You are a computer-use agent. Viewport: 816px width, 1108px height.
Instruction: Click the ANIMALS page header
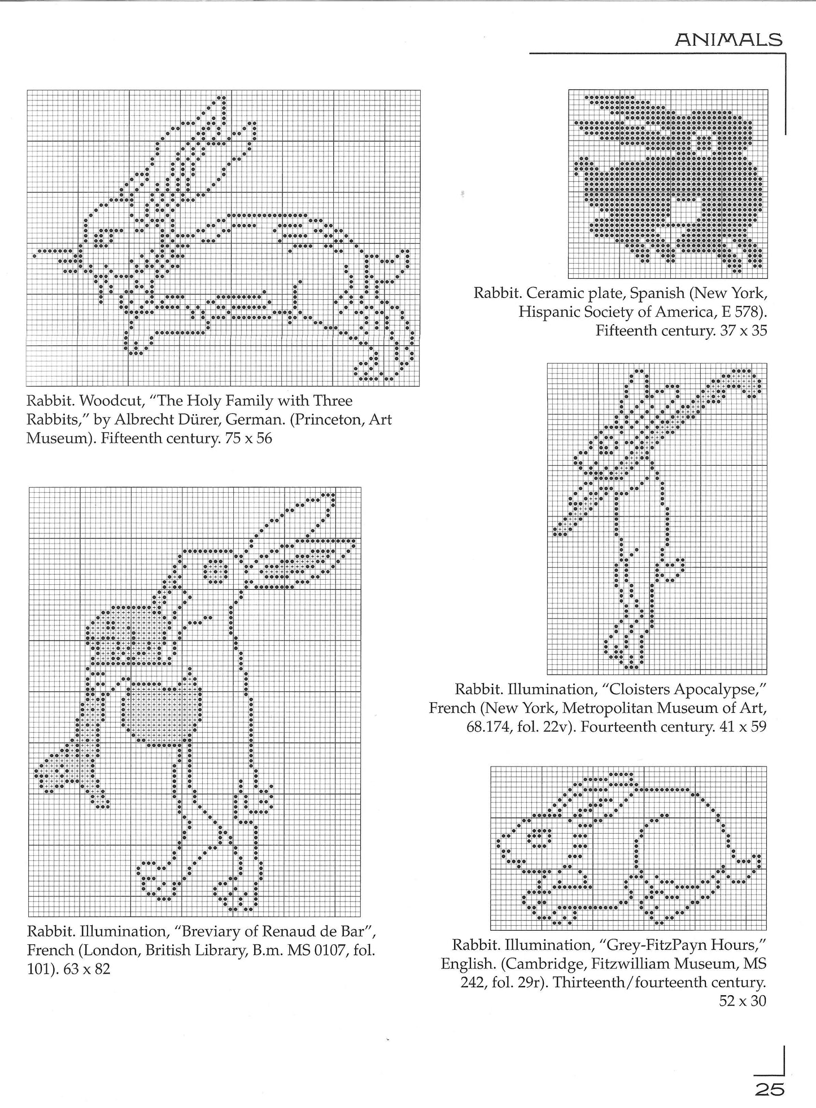click(728, 40)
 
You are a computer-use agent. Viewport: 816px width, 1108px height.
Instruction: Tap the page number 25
click(770, 1089)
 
